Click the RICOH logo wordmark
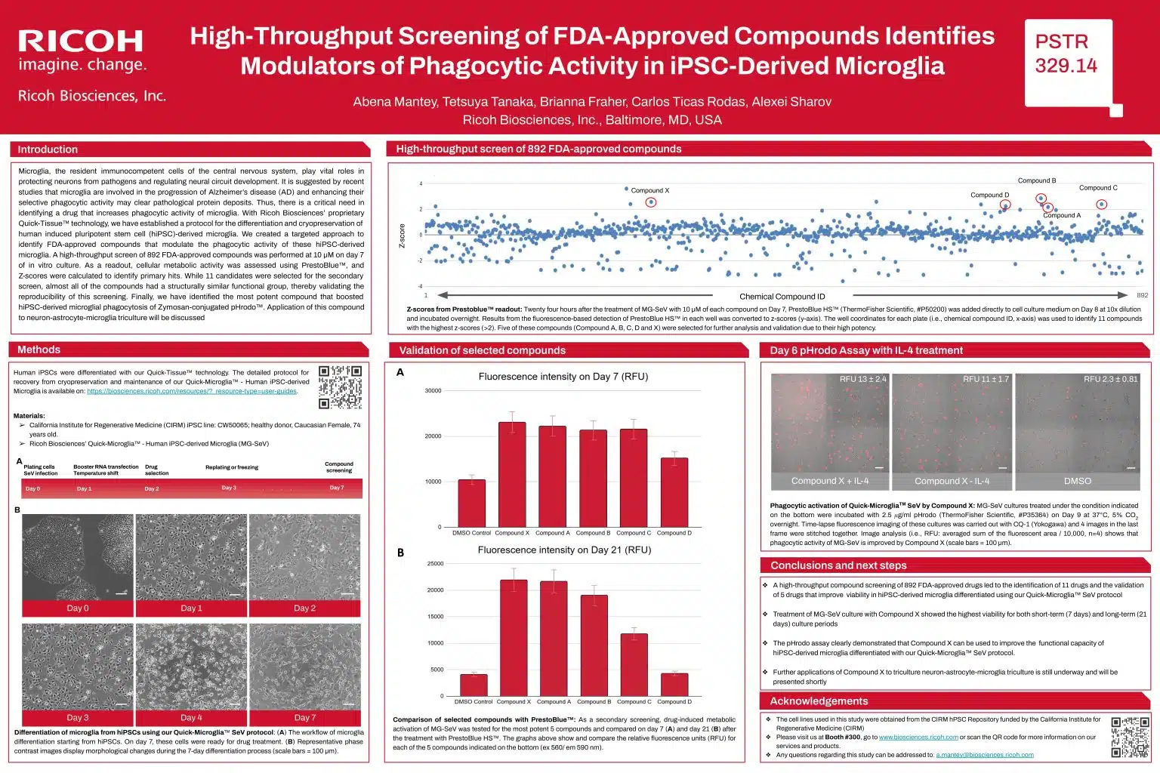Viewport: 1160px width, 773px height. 80,41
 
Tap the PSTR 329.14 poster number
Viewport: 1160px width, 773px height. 1066,54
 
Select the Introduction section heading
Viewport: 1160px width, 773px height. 48,149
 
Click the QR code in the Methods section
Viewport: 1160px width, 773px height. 340,386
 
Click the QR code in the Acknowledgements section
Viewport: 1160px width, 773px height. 1130,737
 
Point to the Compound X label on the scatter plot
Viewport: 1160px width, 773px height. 649,190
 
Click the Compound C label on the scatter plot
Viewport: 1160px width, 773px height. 1098,188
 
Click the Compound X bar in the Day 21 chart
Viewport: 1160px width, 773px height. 514,637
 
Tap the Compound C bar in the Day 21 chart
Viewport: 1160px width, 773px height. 634,664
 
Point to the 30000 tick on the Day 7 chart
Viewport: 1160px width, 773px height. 433,391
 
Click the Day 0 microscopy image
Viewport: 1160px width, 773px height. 77,557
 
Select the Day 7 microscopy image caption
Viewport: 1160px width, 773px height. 304,717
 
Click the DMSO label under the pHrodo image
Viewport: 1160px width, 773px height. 1077,481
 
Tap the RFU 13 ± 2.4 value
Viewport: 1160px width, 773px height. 862,379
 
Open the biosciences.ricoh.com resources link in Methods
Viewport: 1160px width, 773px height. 192,391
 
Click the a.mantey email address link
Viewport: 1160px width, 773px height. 984,755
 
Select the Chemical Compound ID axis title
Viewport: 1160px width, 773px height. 782,296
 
